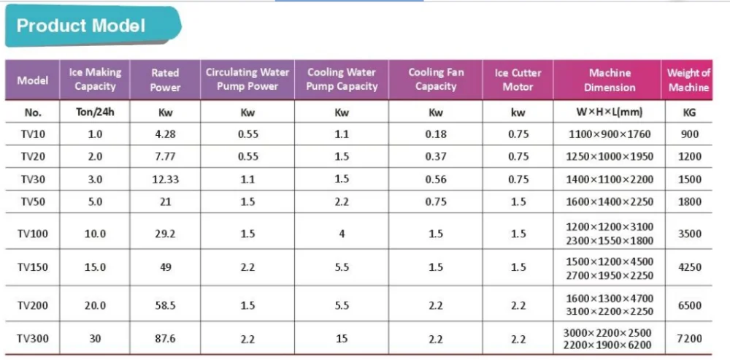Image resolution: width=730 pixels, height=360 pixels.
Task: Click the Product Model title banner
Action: pos(82,26)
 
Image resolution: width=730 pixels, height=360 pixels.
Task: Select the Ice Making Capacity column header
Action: pos(95,80)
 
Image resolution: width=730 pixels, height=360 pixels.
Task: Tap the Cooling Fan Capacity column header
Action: pos(436,80)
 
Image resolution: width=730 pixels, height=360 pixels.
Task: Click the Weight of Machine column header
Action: pos(688,80)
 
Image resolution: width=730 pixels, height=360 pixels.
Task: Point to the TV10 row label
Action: pos(32,134)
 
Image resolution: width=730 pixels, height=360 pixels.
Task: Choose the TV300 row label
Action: pos(32,339)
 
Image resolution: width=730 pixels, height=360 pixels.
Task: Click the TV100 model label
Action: pos(32,234)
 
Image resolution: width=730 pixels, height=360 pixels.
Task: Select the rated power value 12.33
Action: pos(165,180)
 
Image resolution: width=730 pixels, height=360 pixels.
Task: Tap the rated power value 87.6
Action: pos(165,339)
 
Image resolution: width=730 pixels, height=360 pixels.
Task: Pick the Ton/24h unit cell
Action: pos(95,113)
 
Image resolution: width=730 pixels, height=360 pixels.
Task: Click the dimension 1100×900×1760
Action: pos(610,134)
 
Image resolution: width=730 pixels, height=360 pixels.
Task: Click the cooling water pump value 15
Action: pos(342,339)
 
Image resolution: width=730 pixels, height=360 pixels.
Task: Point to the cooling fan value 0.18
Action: pos(436,134)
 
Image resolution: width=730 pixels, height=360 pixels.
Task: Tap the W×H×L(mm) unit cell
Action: pos(610,113)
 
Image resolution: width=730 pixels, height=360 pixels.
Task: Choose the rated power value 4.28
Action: pos(165,134)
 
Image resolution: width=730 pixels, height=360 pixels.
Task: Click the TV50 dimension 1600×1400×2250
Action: pos(610,202)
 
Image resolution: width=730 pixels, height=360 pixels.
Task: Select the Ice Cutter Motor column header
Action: pos(518,80)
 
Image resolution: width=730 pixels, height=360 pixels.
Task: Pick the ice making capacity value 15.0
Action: pos(95,268)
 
